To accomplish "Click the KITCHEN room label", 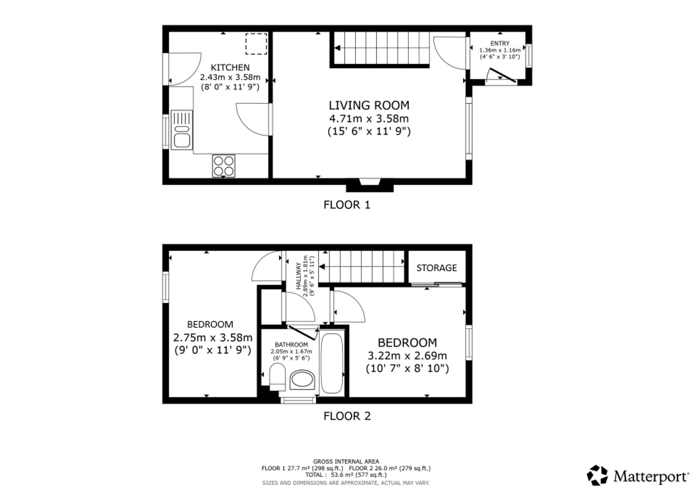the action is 230,67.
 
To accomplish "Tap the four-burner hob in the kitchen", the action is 224,166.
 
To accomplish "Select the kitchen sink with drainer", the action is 182,130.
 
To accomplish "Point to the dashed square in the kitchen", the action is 256,44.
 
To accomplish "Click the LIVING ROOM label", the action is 369,105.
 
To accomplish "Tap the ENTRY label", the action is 500,43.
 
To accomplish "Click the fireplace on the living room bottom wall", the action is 370,185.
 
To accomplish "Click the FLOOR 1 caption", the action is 347,205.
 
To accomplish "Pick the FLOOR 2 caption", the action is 347,416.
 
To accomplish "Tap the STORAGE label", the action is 437,268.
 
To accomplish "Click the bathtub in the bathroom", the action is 332,364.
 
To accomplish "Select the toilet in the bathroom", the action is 277,377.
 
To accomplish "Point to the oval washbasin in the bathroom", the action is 302,380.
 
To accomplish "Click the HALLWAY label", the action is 298,276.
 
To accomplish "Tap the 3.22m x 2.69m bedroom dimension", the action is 407,356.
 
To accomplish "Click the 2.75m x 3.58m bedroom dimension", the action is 213,338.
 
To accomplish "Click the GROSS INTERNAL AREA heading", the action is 346,461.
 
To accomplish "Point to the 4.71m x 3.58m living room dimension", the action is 369,119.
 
